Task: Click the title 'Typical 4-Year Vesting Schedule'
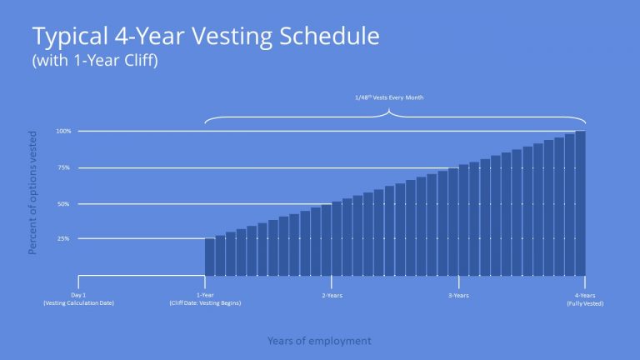(x=205, y=37)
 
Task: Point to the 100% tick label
(x=63, y=131)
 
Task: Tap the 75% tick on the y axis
(x=64, y=167)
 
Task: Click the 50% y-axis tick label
(x=64, y=203)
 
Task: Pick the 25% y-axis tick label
(x=64, y=239)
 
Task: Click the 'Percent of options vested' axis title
(x=33, y=192)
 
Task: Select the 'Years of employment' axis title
(x=319, y=341)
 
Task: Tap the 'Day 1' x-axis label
(x=78, y=295)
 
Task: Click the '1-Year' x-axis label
(x=204, y=295)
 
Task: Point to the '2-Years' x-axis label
(x=331, y=295)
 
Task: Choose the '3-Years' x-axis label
(x=457, y=295)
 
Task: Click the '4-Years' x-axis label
(x=584, y=295)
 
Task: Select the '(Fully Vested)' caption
(x=584, y=303)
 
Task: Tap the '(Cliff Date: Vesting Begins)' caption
(x=204, y=303)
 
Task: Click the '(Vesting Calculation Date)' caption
(x=78, y=303)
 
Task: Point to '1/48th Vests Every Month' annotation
(x=391, y=97)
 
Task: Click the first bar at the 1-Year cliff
(x=210, y=257)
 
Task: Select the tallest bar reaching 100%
(x=580, y=203)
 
